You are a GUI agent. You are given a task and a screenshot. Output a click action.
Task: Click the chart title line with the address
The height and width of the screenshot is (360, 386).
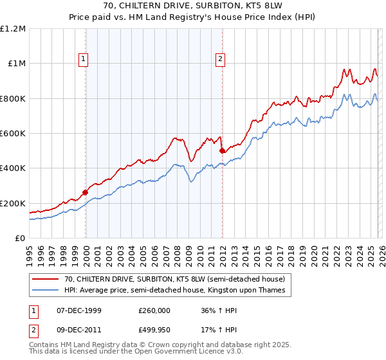pos(193,6)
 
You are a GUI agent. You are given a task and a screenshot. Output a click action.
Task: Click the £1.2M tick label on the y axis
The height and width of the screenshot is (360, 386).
pos(13,29)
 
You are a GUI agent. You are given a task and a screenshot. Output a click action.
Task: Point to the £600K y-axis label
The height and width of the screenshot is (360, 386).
pos(13,134)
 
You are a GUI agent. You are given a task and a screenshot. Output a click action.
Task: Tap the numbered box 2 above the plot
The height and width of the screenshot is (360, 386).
pos(221,60)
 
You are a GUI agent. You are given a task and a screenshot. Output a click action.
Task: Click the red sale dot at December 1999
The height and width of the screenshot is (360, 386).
pos(85,192)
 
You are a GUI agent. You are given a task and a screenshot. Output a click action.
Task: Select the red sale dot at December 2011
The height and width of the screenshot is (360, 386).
pos(222,150)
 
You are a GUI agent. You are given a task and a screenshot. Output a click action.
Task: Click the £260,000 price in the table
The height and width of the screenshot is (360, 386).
pos(154,310)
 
